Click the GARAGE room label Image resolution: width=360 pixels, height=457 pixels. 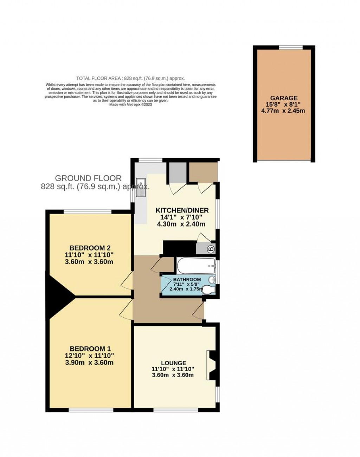(x=284, y=98)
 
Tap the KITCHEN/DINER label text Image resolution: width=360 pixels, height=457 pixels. (x=182, y=210)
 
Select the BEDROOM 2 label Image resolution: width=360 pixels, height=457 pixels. (x=87, y=248)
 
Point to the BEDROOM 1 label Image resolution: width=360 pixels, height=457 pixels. (x=90, y=349)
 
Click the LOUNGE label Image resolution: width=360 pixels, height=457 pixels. (x=173, y=363)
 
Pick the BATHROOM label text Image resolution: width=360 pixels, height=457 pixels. (x=187, y=279)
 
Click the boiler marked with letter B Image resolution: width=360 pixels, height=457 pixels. (x=211, y=249)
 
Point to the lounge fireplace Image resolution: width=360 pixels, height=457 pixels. (x=212, y=365)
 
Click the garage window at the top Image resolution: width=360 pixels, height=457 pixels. (x=291, y=47)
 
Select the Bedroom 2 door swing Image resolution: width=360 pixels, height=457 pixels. (x=127, y=280)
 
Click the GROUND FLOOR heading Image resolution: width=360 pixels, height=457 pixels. (x=88, y=178)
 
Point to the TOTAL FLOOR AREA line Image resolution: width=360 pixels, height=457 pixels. (x=130, y=78)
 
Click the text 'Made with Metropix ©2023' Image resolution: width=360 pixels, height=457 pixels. (x=130, y=104)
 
